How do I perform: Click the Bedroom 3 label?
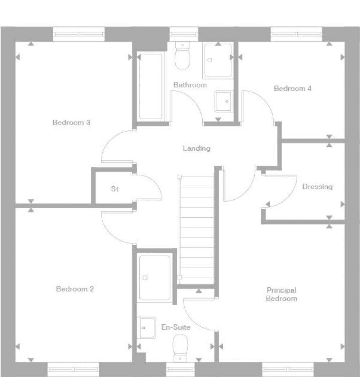[71, 123]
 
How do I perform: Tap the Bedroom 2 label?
[75, 289]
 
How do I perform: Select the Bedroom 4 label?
[293, 88]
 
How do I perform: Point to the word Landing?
[197, 148]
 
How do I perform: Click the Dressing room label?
[317, 187]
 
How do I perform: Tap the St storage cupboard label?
[114, 189]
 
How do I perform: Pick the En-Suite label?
[176, 327]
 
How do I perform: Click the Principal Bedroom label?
[281, 294]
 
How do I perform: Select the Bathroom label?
[190, 85]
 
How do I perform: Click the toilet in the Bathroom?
[183, 55]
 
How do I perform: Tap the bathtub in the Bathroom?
[150, 87]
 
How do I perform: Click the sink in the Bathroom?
[223, 101]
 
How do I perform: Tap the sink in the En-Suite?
[148, 328]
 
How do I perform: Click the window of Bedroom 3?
[78, 34]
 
